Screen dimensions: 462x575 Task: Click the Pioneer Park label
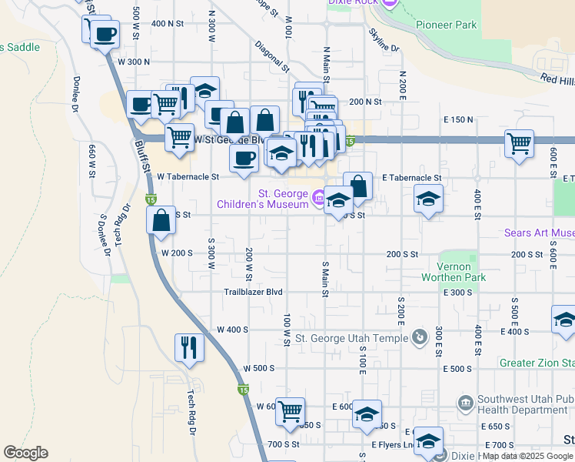[x=446, y=25]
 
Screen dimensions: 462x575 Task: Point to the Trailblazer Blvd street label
[x=253, y=293]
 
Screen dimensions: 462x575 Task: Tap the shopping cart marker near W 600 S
[x=290, y=411]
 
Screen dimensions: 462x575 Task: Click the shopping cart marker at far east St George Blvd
[x=520, y=142]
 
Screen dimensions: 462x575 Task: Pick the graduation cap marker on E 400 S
[x=564, y=319]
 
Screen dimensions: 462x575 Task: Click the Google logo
[x=25, y=453]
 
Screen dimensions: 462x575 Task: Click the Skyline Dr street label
[x=384, y=40]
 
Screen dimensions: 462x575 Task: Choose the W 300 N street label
[x=133, y=62]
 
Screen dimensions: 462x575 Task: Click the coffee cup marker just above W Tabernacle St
[x=244, y=158]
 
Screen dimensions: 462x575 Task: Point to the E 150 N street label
[x=458, y=120]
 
